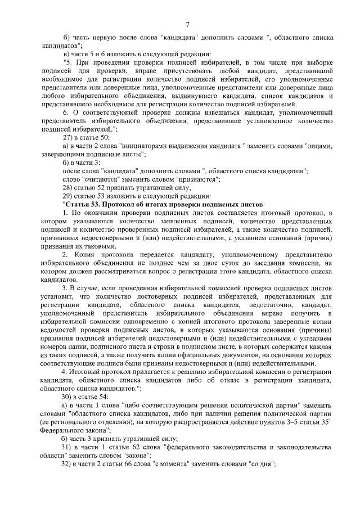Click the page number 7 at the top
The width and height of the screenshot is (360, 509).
coord(187,24)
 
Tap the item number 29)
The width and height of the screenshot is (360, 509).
coord(68,195)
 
